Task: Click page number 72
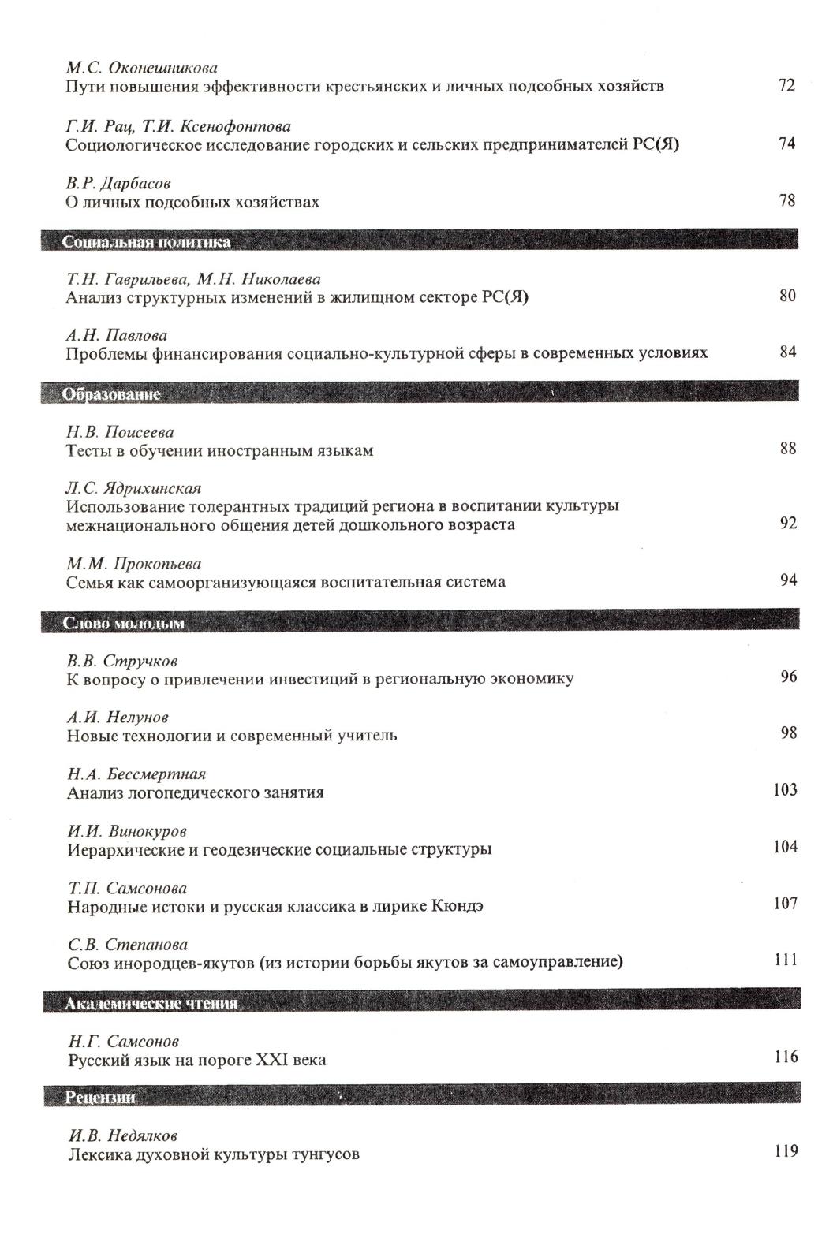click(786, 85)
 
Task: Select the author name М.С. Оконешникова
click(141, 68)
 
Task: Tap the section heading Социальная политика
click(147, 242)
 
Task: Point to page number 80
click(786, 296)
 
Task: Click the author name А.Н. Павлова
click(117, 335)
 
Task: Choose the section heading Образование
click(111, 393)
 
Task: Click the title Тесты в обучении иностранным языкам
click(219, 451)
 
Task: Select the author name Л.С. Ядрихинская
click(134, 488)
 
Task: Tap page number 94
click(788, 580)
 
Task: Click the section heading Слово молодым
click(124, 623)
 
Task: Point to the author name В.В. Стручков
click(122, 660)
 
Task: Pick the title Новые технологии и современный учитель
click(232, 736)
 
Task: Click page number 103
click(785, 790)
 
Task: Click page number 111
click(786, 960)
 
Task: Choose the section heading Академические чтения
click(151, 1004)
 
